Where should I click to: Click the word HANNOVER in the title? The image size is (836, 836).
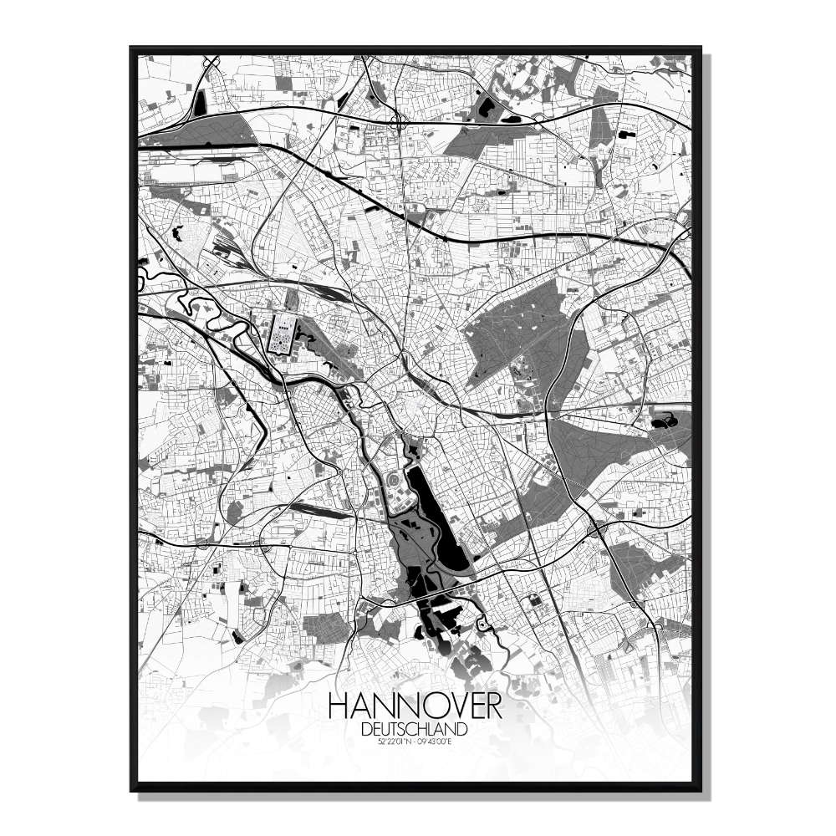[415, 706]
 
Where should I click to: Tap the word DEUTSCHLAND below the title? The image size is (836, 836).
[415, 729]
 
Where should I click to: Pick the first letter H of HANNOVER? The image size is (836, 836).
[339, 706]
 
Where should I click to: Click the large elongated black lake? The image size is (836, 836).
[436, 527]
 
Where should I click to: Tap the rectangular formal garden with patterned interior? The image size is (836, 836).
[278, 333]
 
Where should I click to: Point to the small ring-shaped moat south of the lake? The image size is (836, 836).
[482, 624]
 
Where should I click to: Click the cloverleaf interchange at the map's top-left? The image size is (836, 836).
[210, 63]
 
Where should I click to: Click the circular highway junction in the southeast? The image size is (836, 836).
[597, 528]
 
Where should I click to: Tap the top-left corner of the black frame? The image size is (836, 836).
[131, 48]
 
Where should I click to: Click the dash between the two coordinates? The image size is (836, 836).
[415, 742]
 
